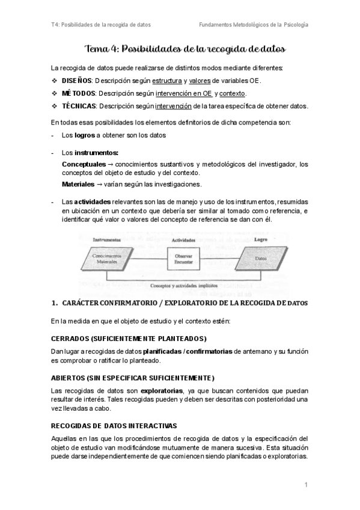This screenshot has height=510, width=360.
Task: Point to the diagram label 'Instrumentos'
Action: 107,239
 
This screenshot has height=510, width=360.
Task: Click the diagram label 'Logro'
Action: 260,239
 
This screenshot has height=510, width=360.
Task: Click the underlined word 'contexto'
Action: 233,94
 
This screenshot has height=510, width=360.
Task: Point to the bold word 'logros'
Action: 84,135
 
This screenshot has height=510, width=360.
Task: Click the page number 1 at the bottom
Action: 306,485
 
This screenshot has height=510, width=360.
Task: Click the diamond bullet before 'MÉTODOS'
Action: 55,94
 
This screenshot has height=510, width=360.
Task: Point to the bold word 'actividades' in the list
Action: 93,201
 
